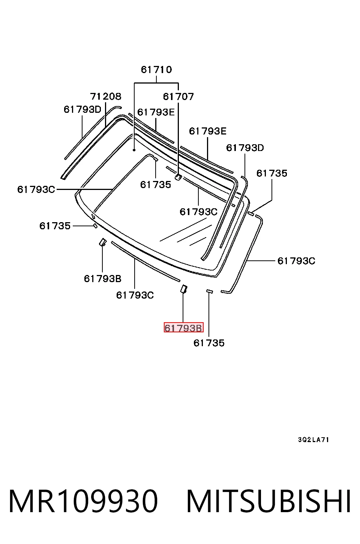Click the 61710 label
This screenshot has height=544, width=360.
[x=156, y=70]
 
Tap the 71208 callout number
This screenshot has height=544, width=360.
[x=105, y=96]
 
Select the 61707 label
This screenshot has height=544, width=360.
[x=178, y=97]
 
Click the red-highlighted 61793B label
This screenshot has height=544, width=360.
[x=183, y=328]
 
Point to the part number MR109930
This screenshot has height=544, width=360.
[x=83, y=501]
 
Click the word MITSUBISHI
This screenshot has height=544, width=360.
[x=268, y=501]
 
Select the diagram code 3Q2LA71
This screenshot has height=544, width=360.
[x=313, y=439]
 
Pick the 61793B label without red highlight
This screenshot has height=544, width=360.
[x=103, y=279]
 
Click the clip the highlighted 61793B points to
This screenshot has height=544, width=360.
[x=184, y=289]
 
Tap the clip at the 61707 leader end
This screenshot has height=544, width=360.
[x=178, y=177]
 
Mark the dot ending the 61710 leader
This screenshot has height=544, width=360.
[x=134, y=150]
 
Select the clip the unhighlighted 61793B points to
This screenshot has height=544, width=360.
[x=103, y=242]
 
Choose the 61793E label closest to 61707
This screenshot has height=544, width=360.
[x=156, y=112]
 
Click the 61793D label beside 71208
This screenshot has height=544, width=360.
[x=82, y=109]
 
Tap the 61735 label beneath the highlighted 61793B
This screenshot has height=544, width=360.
[x=209, y=343]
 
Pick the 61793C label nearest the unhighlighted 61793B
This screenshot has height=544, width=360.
[x=135, y=295]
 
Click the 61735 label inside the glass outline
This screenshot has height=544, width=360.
[x=156, y=185]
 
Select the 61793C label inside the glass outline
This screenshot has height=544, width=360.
[x=198, y=212]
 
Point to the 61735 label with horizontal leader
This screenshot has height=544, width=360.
[x=55, y=226]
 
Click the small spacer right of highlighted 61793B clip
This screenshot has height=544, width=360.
[x=209, y=291]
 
